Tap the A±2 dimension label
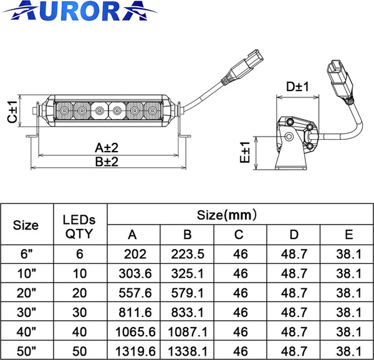pos(107,148)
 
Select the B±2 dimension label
pos(107,162)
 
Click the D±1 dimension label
pos(298,87)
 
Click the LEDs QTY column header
pos(80,226)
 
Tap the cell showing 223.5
pos(188,255)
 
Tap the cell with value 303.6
pos(134,273)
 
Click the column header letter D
pos(293,235)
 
